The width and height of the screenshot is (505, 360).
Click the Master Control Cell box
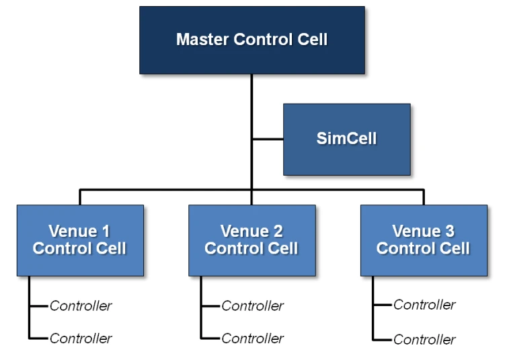pyautogui.click(x=252, y=40)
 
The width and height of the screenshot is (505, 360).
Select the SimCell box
pyautogui.click(x=347, y=139)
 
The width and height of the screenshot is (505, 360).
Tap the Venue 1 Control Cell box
pyautogui.click(x=80, y=240)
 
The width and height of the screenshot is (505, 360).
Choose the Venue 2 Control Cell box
pyautogui.click(x=252, y=240)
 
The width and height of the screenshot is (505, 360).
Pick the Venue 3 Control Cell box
pyautogui.click(x=424, y=240)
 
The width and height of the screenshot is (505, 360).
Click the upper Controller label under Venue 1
pyautogui.click(x=81, y=306)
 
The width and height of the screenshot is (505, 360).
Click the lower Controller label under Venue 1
pyautogui.click(x=81, y=338)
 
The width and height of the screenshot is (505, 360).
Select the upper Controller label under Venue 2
pyautogui.click(x=253, y=306)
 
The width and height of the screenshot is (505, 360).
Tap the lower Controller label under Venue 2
pyautogui.click(x=253, y=338)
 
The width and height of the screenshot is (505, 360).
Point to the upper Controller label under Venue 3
pyautogui.click(x=424, y=305)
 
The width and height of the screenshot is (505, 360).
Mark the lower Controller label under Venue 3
pyautogui.click(x=424, y=339)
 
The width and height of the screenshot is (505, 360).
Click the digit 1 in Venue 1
pyautogui.click(x=106, y=231)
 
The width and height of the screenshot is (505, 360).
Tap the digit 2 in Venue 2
pyautogui.click(x=278, y=231)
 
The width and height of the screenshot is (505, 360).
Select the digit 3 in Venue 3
pyautogui.click(x=450, y=231)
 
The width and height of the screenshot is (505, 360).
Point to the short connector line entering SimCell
pyautogui.click(x=268, y=139)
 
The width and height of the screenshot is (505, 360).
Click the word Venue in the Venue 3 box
pyautogui.click(x=417, y=231)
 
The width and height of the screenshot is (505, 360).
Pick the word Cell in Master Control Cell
pyautogui.click(x=313, y=39)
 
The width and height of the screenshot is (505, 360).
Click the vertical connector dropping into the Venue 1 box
pyautogui.click(x=80, y=197)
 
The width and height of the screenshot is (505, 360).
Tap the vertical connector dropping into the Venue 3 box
pyautogui.click(x=424, y=197)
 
